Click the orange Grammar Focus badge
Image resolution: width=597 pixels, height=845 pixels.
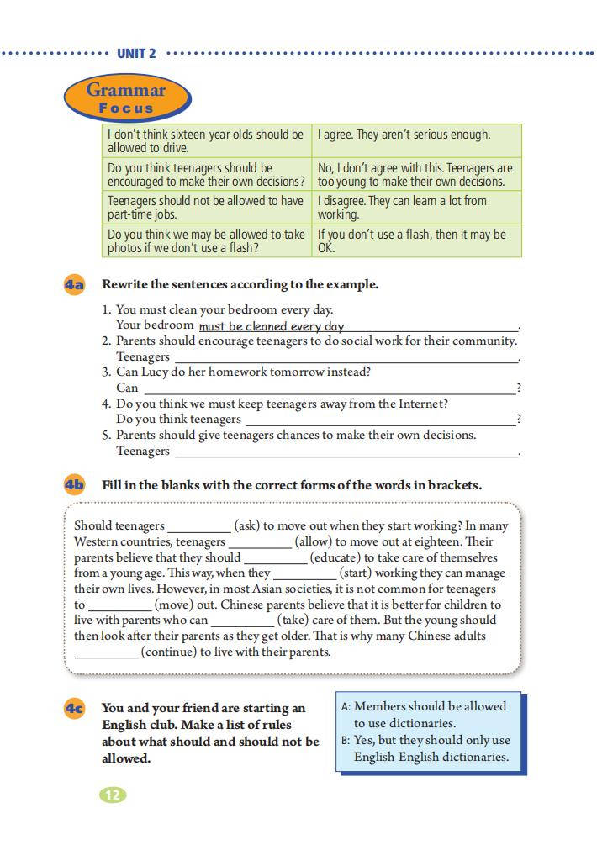coord(126,98)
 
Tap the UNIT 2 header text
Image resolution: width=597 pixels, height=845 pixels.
coord(136,54)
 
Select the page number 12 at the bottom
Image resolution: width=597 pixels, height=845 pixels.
coord(113,795)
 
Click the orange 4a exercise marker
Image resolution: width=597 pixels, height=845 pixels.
coord(75,285)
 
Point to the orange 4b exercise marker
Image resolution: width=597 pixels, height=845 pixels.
coord(75,485)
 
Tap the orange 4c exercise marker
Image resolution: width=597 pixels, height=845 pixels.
coord(75,709)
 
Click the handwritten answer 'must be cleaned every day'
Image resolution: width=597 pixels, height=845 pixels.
coord(272,326)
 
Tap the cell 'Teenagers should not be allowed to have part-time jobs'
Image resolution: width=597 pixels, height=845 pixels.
coord(206,207)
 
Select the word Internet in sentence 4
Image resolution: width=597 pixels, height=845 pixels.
coord(421,404)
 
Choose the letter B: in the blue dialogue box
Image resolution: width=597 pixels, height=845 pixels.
coord(346,741)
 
